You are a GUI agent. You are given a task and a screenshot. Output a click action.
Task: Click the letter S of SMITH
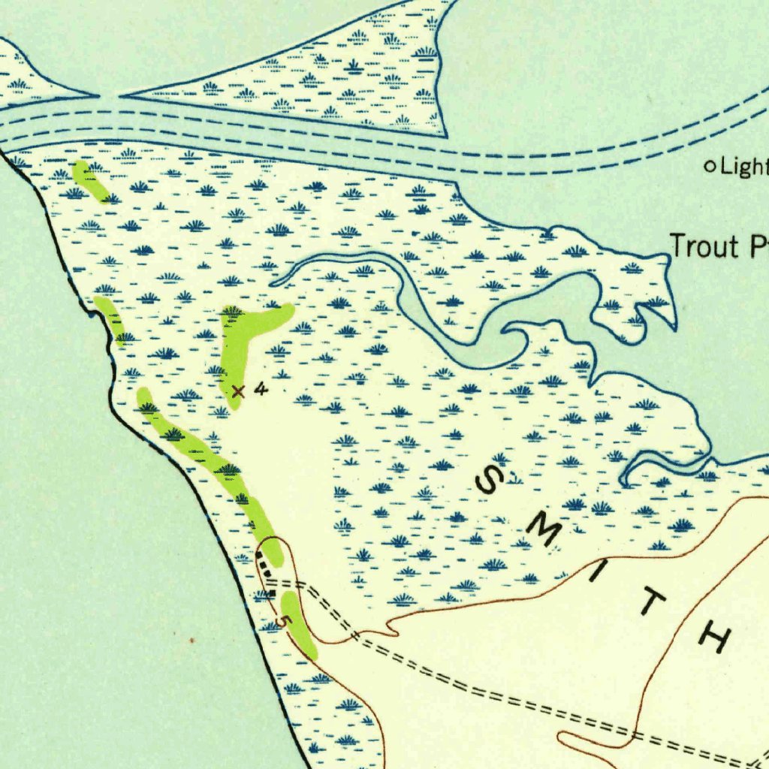pos(492,481)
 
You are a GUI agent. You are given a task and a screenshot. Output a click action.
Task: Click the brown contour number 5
pos(282,622)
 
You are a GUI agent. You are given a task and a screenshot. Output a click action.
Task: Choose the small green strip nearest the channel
pos(91,180)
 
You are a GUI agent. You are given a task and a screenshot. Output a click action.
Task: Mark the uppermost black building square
pos(260,556)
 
